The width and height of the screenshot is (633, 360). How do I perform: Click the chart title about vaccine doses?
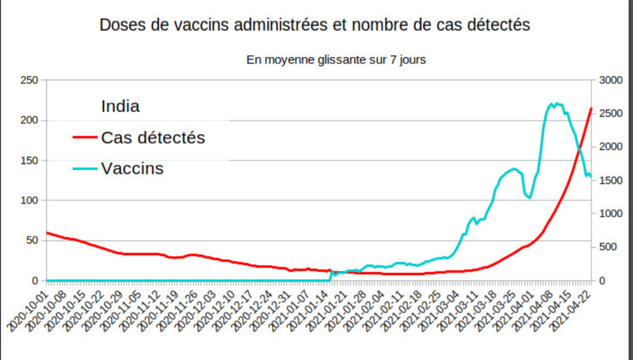pos(315,25)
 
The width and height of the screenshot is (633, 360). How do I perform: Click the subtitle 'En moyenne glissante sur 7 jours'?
pos(336,60)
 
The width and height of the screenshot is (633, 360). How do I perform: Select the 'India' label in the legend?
pos(120,106)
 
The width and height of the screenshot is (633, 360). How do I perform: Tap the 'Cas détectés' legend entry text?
pos(153,137)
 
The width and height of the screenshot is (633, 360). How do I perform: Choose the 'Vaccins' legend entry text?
pos(132,168)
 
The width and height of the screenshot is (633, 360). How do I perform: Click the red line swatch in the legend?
pos(85,138)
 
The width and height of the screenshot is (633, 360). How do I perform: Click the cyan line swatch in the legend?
pos(85,169)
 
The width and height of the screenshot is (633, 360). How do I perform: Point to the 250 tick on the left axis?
pos(30,80)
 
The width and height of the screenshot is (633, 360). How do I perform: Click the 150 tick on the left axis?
pos(30,160)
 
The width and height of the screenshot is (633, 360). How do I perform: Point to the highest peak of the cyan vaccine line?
pos(556,103)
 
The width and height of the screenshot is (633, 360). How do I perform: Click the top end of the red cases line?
pos(591,108)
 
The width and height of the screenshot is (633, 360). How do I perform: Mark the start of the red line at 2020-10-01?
pos(47,233)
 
